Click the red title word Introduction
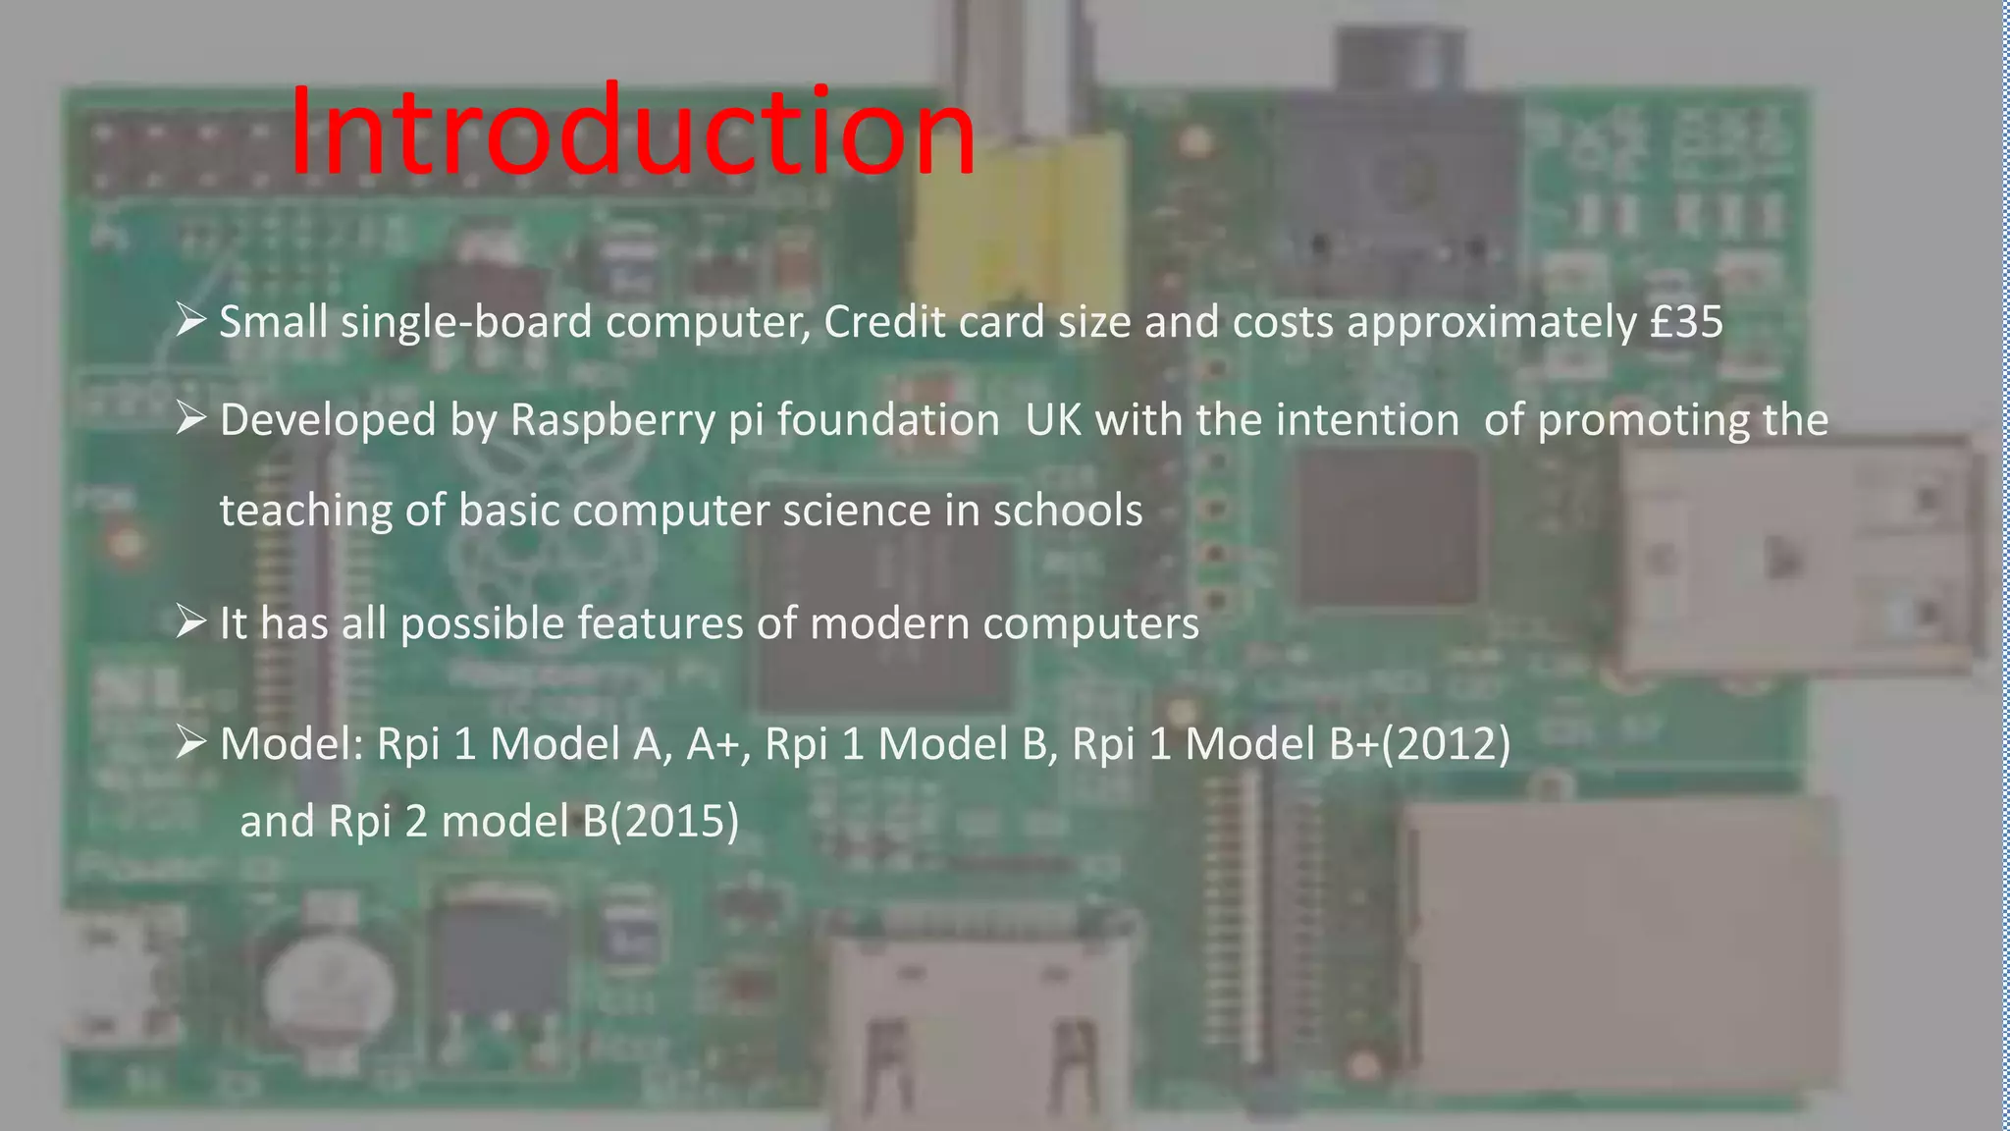tap(632, 132)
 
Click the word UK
tap(1053, 420)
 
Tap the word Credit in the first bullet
tap(884, 322)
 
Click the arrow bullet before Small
tap(190, 319)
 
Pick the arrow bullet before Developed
tap(190, 418)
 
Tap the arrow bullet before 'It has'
tap(190, 621)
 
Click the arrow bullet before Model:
tap(190, 742)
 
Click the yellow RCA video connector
tap(1016, 226)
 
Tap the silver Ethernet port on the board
tap(1619, 942)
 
